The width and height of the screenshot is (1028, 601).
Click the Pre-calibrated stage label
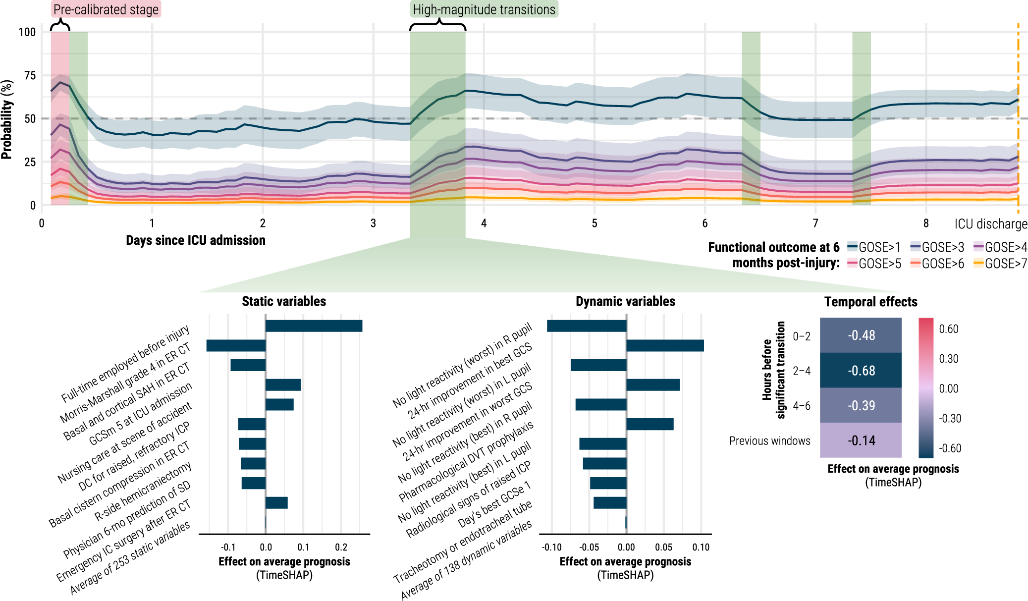click(106, 9)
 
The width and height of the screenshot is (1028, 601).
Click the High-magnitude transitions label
click(484, 9)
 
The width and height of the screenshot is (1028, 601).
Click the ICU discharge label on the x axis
click(991, 224)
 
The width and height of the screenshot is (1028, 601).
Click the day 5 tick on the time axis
click(595, 223)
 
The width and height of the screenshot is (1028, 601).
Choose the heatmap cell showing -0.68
click(861, 371)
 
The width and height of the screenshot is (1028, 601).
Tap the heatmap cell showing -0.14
click(861, 440)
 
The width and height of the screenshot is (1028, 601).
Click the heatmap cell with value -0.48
click(861, 335)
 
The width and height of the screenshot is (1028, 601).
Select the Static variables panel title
click(284, 301)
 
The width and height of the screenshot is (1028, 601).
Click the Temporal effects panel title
click(870, 302)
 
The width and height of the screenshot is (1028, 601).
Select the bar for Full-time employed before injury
click(314, 326)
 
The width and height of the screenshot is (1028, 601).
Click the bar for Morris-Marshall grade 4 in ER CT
click(236, 345)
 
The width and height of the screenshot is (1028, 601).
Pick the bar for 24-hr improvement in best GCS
click(665, 345)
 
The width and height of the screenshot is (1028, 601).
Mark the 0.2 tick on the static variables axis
click(341, 547)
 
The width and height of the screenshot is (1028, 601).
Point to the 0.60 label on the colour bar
click(948, 329)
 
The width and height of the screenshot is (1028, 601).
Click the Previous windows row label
click(769, 441)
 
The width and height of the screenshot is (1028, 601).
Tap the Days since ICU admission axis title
click(196, 240)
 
